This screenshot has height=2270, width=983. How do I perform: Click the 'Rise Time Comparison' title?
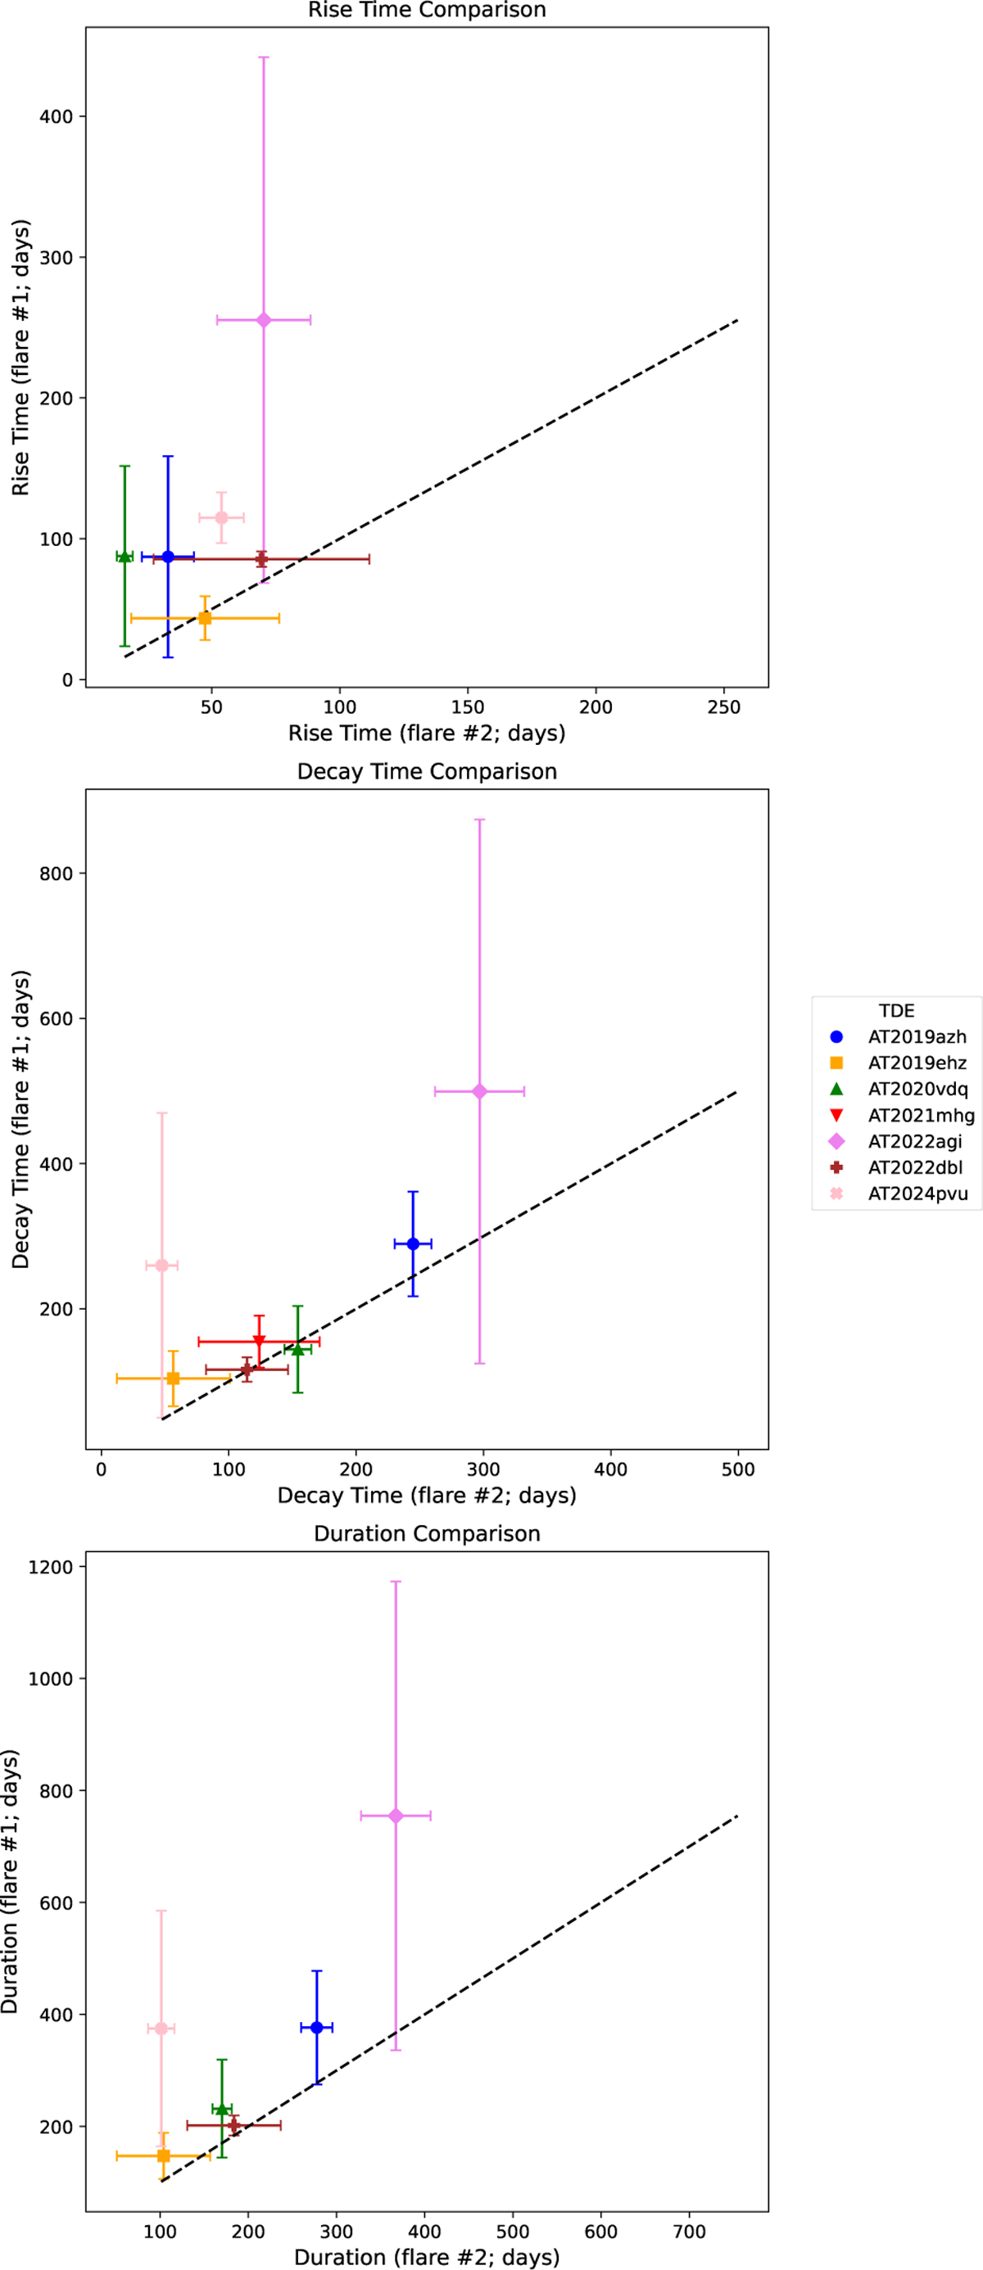(427, 11)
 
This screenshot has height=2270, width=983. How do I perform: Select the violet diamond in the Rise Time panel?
(264, 320)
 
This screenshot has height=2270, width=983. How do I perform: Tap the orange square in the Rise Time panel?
(205, 619)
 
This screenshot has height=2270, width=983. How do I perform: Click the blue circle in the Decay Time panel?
(413, 1244)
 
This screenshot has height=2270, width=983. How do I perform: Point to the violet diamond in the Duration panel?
(395, 1816)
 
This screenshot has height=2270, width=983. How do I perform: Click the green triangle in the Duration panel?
(222, 2109)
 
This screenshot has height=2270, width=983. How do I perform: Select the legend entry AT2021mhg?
(921, 1116)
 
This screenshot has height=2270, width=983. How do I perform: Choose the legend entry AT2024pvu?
(917, 1194)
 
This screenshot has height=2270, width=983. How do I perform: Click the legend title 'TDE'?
(895, 1011)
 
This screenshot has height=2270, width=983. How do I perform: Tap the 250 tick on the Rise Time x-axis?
(724, 707)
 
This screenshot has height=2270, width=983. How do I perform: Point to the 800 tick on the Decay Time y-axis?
(57, 873)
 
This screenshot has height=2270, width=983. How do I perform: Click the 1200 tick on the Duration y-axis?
(51, 1567)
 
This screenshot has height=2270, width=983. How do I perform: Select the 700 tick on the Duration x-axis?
(689, 2232)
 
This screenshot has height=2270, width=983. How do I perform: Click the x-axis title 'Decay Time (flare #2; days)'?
(427, 1496)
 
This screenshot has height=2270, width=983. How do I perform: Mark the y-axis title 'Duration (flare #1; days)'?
(11, 1881)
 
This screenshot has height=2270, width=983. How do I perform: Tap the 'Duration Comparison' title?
(427, 1534)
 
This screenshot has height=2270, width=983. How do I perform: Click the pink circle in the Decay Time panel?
(161, 1266)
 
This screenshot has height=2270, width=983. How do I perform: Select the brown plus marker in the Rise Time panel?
(262, 560)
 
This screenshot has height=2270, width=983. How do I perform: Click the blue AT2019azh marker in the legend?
(836, 1037)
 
